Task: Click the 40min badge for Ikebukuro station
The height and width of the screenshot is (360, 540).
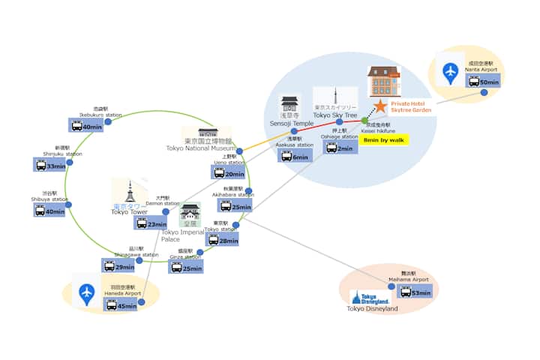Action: coord(86,126)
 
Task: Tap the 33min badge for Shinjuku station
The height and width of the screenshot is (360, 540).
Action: coord(51,165)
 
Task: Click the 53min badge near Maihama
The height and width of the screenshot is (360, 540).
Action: coord(415,292)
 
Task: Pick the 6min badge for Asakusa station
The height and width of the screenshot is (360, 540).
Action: coord(295,156)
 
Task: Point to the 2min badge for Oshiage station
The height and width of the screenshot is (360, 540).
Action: coord(340,148)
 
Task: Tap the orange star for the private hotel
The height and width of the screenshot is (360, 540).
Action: coord(382,106)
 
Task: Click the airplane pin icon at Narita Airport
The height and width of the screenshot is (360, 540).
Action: coord(450,73)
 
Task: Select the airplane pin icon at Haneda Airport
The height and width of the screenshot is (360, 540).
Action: coord(88,294)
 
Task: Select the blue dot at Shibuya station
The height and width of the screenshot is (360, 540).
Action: coord(67,201)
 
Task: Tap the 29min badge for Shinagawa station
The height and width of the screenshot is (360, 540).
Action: coord(118,265)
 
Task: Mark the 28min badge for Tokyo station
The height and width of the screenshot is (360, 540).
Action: coord(223,240)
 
